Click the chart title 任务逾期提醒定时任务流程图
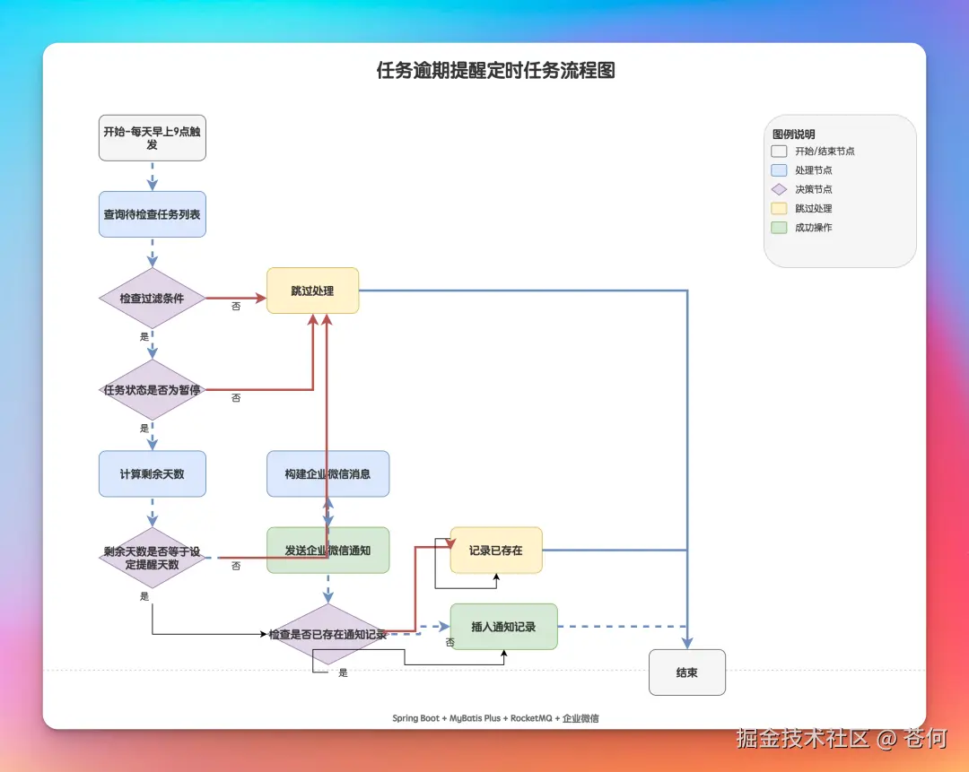click(x=495, y=71)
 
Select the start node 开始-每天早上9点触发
click(x=152, y=138)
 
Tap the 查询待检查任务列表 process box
click(x=152, y=214)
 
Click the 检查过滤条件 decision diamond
click(x=152, y=299)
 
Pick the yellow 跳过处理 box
click(x=312, y=291)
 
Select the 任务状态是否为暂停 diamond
click(x=152, y=390)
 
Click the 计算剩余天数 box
click(x=152, y=473)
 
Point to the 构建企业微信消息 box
click(x=327, y=473)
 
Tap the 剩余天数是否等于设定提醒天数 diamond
click(x=152, y=558)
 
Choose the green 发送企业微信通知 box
click(x=327, y=550)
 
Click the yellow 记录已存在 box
click(x=496, y=550)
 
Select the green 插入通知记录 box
click(x=503, y=627)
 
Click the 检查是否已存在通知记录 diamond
click(x=327, y=634)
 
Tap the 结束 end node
click(x=686, y=672)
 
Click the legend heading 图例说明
click(x=794, y=134)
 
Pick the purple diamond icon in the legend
click(x=779, y=189)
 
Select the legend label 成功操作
click(x=813, y=228)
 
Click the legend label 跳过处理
click(x=813, y=208)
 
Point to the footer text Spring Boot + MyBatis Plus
click(x=446, y=718)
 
